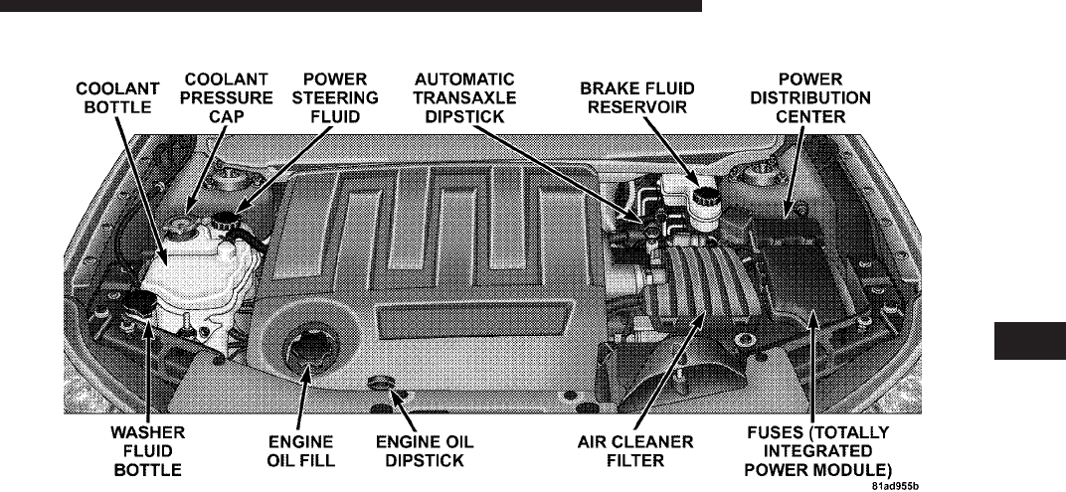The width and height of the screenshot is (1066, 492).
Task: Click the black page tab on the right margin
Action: (1028, 340)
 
